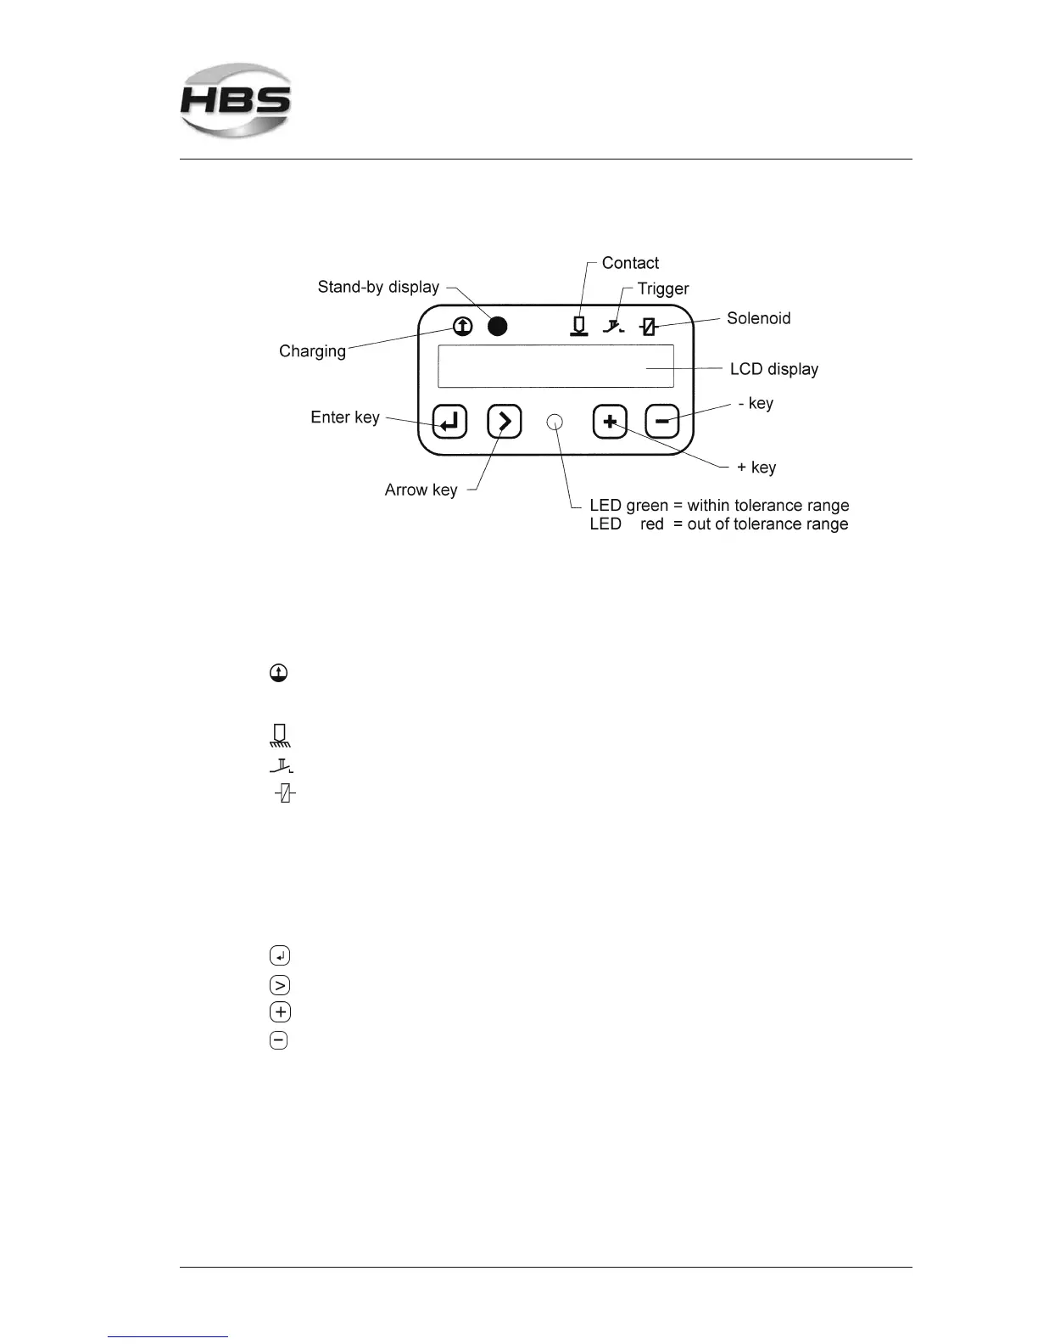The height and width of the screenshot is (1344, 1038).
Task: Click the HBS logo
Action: tap(236, 100)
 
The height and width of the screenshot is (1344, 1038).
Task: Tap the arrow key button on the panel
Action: tap(505, 421)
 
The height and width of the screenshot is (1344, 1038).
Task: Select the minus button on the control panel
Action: tap(662, 421)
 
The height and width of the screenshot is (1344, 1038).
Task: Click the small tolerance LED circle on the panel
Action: tap(555, 422)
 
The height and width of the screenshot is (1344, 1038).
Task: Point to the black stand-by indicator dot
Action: tap(498, 326)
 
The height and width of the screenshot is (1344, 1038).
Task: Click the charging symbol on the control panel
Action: tap(462, 326)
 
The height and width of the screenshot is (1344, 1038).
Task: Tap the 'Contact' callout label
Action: tap(630, 263)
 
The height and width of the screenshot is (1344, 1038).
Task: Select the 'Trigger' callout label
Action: tap(663, 288)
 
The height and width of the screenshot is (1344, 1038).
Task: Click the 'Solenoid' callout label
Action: tap(758, 318)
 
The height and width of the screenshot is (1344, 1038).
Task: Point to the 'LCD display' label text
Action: tap(773, 369)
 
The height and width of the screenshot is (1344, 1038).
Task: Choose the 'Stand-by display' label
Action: tap(378, 287)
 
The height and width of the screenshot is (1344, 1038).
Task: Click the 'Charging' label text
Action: tap(312, 351)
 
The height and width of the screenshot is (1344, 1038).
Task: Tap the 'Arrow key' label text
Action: tap(421, 490)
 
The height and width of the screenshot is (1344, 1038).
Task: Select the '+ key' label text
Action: tap(756, 468)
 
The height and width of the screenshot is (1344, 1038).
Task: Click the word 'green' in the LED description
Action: tap(647, 506)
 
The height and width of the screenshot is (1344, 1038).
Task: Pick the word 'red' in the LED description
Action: tap(651, 524)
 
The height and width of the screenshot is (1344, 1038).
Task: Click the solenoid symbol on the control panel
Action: tap(649, 327)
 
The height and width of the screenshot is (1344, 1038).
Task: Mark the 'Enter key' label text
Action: tap(345, 417)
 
